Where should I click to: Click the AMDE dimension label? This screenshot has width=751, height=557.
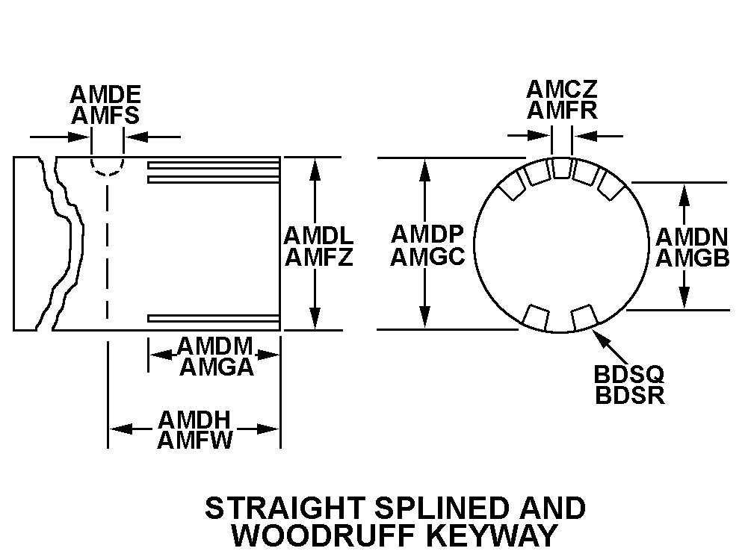[105, 95]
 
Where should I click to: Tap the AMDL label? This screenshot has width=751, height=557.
[318, 236]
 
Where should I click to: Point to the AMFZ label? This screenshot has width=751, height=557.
[318, 258]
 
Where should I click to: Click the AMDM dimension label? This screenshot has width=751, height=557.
[215, 346]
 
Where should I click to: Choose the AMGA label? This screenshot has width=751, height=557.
[215, 367]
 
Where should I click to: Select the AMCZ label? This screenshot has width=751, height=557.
[562, 90]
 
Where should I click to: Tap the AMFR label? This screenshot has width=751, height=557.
[562, 111]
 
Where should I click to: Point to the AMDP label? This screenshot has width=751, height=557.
[428, 234]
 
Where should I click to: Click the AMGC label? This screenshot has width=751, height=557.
[428, 257]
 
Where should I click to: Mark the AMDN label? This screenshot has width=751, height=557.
[692, 237]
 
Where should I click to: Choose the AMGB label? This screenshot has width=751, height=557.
[692, 258]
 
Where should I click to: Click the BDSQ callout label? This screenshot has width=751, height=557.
[629, 373]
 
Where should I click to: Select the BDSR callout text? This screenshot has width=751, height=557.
[629, 394]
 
